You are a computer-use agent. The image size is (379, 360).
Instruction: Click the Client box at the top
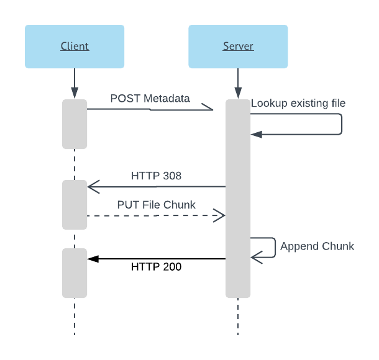click(x=75, y=46)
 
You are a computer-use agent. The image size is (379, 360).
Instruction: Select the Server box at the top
click(x=238, y=46)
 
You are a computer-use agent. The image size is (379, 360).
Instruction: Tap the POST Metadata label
click(x=150, y=98)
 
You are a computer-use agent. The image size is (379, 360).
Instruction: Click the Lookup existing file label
click(x=298, y=103)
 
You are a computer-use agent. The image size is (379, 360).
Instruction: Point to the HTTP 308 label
click(x=156, y=176)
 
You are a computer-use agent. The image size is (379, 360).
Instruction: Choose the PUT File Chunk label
click(x=156, y=204)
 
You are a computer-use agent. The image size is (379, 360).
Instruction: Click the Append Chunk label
click(x=317, y=246)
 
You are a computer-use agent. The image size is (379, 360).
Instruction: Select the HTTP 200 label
click(x=156, y=267)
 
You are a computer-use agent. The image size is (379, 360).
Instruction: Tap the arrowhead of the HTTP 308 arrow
click(x=93, y=186)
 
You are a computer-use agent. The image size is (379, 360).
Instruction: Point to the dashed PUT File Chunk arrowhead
click(x=219, y=215)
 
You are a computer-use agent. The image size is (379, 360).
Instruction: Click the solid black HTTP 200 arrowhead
click(x=92, y=259)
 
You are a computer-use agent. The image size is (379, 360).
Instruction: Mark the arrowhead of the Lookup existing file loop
click(x=255, y=133)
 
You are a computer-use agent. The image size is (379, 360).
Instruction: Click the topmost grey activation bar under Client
click(x=75, y=124)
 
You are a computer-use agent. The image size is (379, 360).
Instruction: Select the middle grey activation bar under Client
click(x=75, y=204)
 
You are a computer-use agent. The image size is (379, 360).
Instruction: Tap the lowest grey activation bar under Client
click(x=75, y=272)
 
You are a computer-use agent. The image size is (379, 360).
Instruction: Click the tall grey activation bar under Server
click(x=238, y=199)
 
